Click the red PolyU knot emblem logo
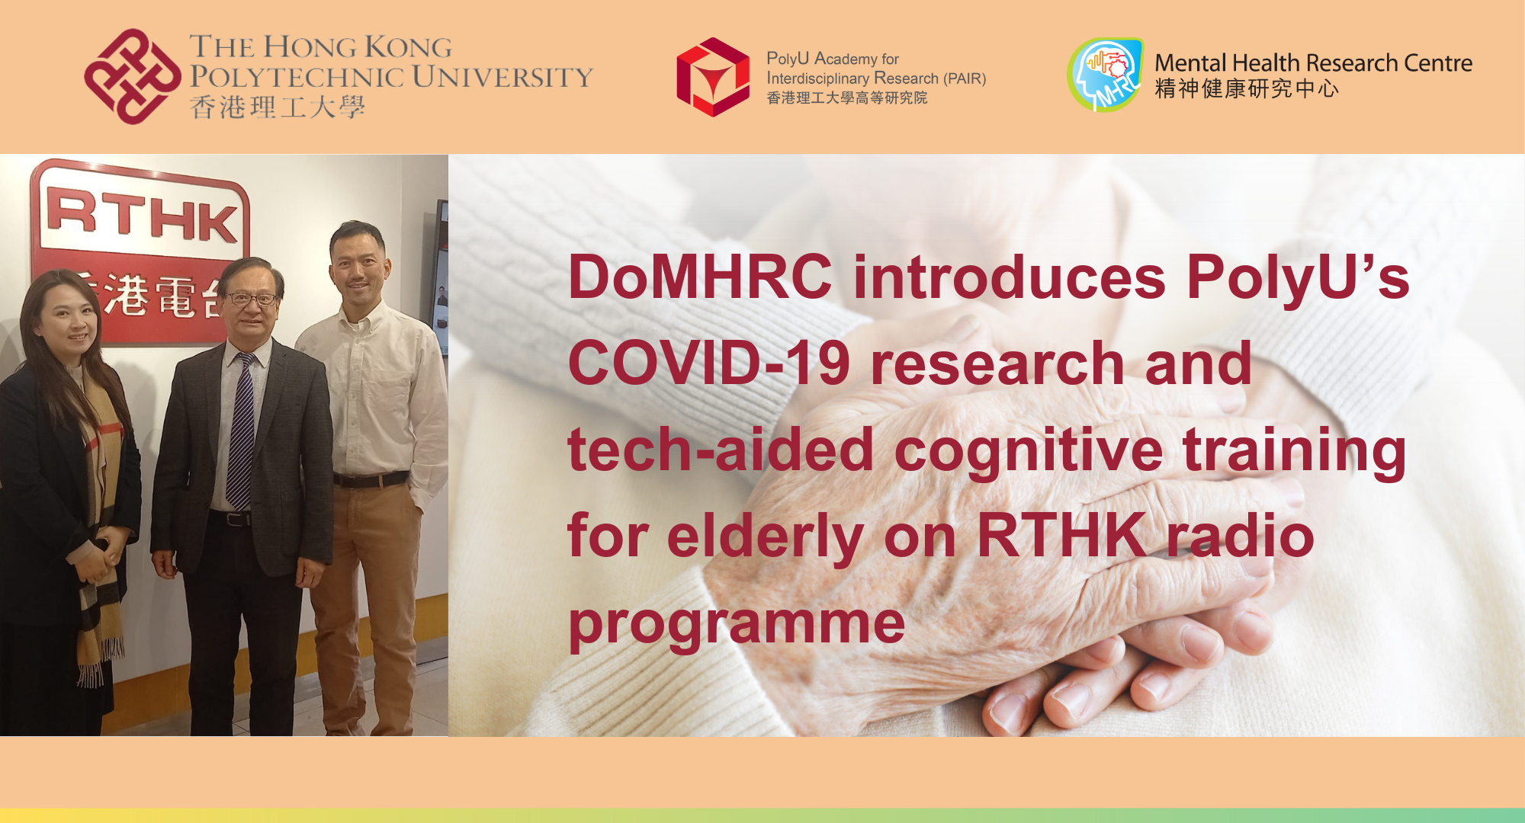131,76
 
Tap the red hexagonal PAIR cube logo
713,77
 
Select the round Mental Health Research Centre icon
1105,75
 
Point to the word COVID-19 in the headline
708,363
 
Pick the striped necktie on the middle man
241,434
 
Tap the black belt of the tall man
371,480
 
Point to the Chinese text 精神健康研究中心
1246,89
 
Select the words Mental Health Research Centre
1313,62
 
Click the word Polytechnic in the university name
297,77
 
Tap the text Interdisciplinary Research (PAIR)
875,78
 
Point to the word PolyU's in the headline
1297,277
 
